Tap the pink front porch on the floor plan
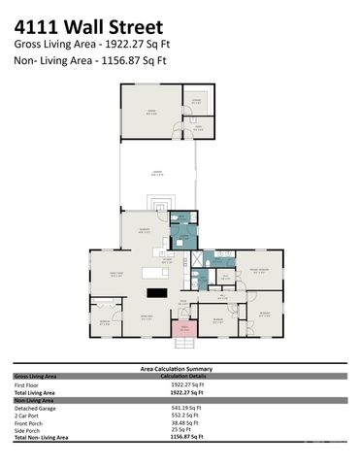tap(180, 327)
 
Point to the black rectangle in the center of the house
tap(156, 292)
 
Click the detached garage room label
tap(150, 112)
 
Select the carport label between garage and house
tap(155, 173)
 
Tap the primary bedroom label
tap(258, 271)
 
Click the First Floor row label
tap(26, 384)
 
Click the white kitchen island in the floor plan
tap(156, 272)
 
